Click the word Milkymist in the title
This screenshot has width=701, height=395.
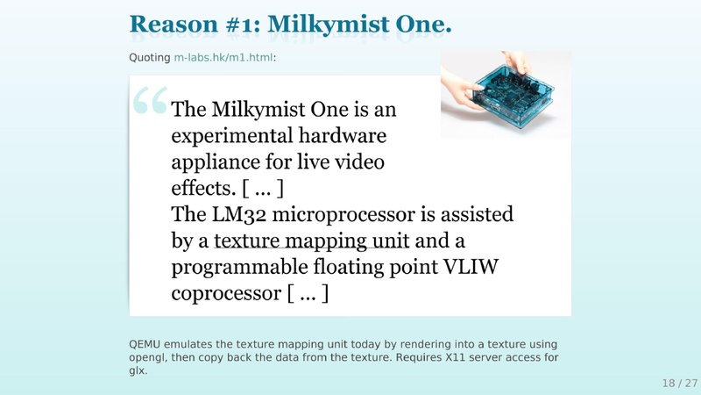tap(329, 25)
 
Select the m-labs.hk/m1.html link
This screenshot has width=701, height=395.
tap(223, 57)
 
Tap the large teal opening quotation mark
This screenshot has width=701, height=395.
tap(150, 99)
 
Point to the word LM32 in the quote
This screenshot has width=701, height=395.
tap(238, 214)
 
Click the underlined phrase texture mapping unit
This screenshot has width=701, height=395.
tap(311, 241)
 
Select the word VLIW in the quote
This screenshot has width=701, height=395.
tap(471, 267)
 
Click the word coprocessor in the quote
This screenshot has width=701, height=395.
tap(226, 294)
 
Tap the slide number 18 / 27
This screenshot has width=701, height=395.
tap(680, 383)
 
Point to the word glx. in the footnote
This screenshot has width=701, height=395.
tap(138, 370)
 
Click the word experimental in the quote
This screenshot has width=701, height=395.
tap(232, 136)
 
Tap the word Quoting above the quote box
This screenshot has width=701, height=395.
tap(150, 58)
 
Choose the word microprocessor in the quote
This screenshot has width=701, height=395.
tap(343, 215)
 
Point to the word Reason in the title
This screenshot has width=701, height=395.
tap(173, 25)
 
